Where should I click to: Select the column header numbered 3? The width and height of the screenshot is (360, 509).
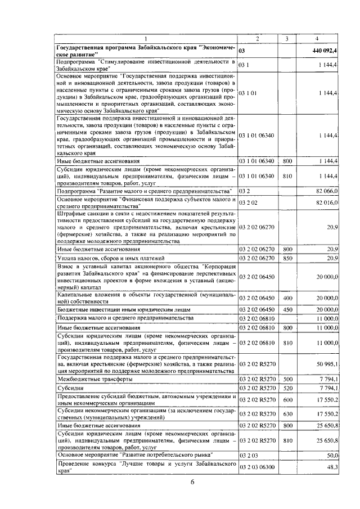287,38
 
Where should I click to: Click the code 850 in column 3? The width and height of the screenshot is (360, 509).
287,258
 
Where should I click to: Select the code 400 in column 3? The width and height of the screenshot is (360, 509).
287,298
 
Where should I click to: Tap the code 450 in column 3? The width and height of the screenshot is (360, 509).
287,310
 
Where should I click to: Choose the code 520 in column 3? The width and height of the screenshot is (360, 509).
287,388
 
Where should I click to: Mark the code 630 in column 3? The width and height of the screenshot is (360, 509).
287,413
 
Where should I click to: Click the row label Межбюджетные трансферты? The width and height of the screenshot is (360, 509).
89,379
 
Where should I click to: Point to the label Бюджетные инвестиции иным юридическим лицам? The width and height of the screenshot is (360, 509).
123,310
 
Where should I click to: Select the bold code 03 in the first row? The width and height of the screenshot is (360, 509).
242,51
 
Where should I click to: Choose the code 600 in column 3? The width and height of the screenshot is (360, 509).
287,400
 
